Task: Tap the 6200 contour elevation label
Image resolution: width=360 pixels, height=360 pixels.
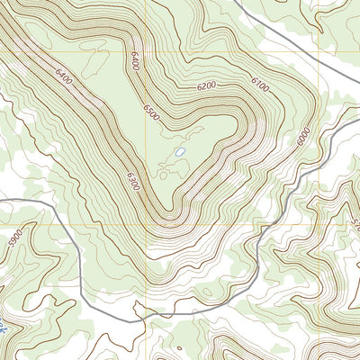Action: pos(206,87)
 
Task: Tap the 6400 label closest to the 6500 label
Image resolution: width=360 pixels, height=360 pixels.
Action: pos(135,62)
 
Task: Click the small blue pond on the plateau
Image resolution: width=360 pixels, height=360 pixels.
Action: pos(181,153)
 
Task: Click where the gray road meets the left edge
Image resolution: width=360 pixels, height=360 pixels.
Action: pos(2,202)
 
